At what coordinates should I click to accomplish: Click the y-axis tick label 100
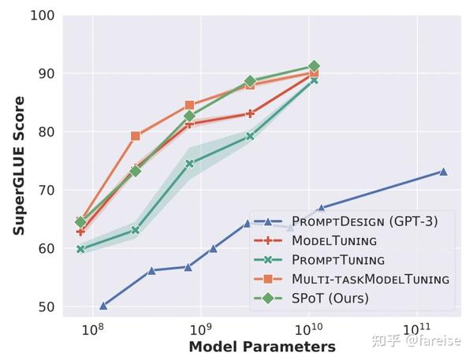pos(41,16)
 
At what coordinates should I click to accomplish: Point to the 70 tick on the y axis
pos(44,190)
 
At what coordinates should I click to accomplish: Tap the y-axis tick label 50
pos(44,306)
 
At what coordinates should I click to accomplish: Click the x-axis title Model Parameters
pos(262,347)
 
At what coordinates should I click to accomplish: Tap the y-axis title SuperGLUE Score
pos(19,165)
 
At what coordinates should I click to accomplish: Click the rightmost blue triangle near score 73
pos(443,171)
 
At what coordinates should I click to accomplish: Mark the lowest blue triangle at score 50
pos(103,306)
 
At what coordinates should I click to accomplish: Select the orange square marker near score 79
pos(136,135)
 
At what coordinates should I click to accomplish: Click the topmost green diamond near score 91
pos(314,66)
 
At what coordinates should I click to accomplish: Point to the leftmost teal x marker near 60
pos(81,249)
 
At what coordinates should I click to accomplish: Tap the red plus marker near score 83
pos(250,113)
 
